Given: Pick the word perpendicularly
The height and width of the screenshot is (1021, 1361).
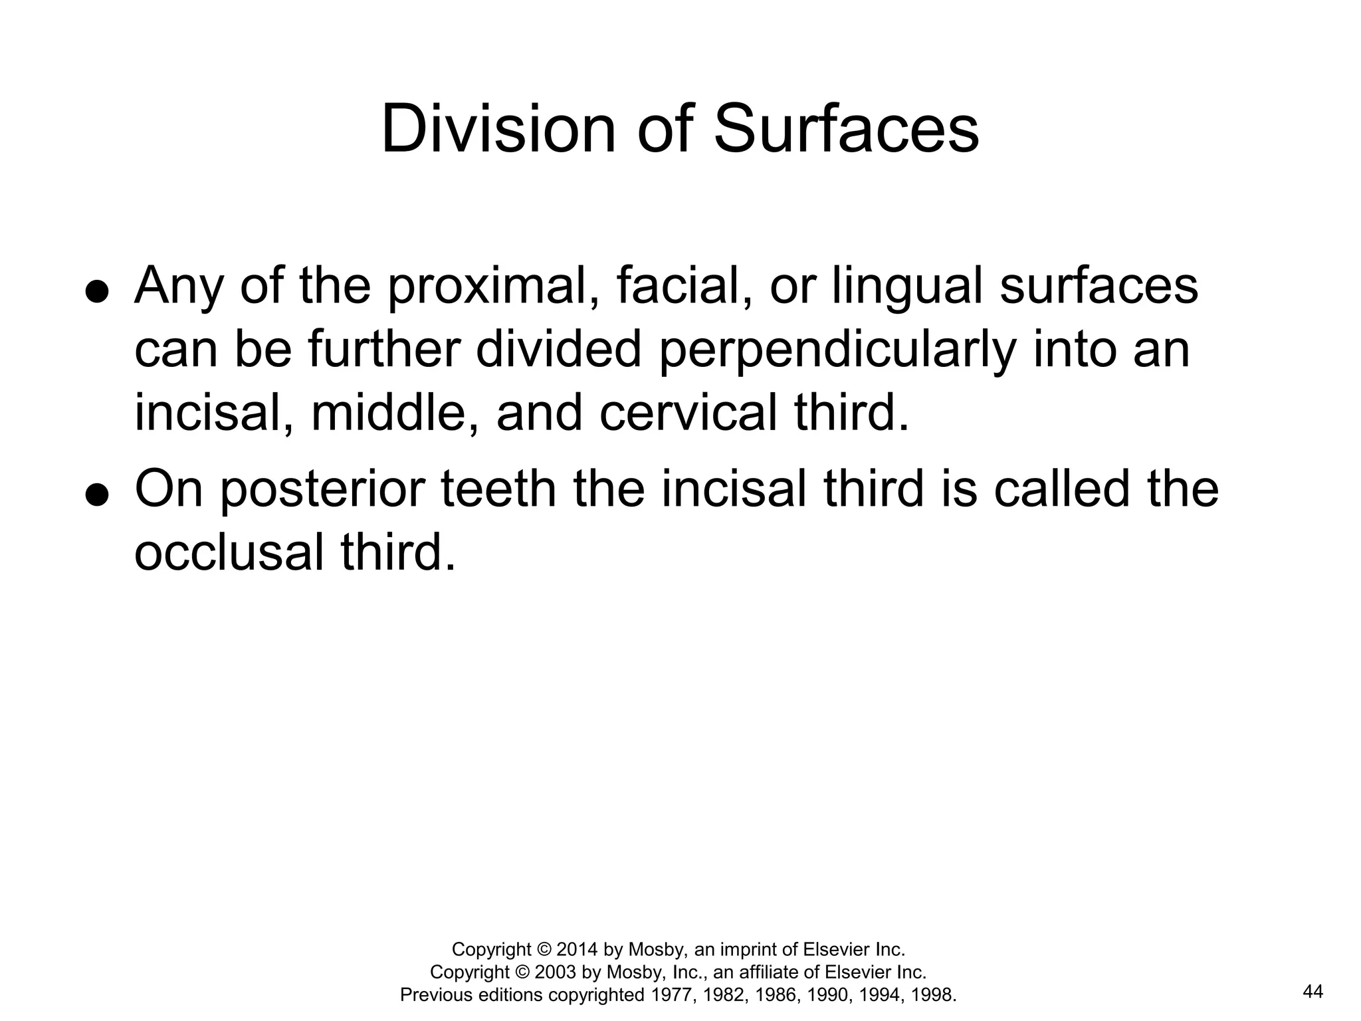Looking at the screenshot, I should click(837, 351).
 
